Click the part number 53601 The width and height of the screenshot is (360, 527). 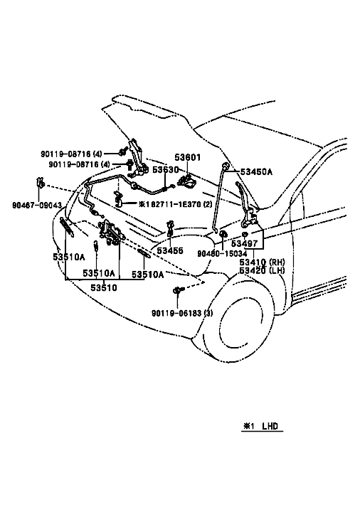point(187,157)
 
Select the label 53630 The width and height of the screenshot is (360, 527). point(166,170)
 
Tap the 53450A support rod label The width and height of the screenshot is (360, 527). point(256,172)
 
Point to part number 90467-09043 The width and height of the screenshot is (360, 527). point(37,205)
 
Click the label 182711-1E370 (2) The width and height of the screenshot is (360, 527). point(175,204)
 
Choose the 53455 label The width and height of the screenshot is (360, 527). point(170,250)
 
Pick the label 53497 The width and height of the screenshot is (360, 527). point(244,244)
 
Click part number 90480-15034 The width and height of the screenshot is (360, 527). point(222,254)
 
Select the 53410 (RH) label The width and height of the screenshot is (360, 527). point(263,262)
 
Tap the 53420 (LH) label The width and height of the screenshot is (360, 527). point(263,270)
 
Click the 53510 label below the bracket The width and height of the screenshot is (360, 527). point(104,288)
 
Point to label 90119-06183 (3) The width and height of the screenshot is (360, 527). point(182,313)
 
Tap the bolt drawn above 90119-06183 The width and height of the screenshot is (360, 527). point(177,289)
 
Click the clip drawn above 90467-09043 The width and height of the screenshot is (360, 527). point(40,183)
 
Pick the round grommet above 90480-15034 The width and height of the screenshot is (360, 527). point(223,233)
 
